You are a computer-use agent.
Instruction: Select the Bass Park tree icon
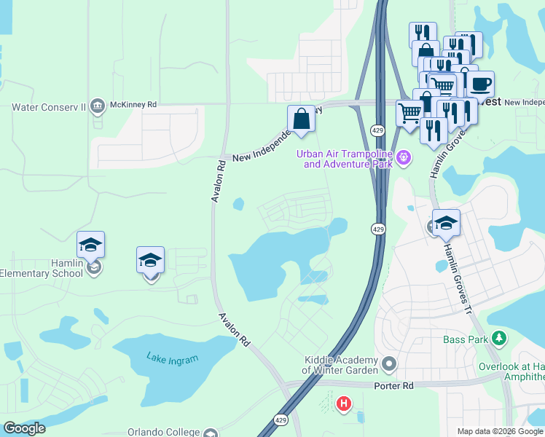(498, 339)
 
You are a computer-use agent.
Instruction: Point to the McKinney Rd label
(133, 105)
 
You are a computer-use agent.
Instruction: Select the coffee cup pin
(480, 84)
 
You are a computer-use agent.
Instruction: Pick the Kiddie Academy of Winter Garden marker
(390, 363)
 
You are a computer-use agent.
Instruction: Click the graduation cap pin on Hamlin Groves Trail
(446, 223)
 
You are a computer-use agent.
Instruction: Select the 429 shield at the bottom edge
(281, 420)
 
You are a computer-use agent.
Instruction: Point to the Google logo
(24, 428)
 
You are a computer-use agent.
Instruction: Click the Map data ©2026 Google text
(500, 431)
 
